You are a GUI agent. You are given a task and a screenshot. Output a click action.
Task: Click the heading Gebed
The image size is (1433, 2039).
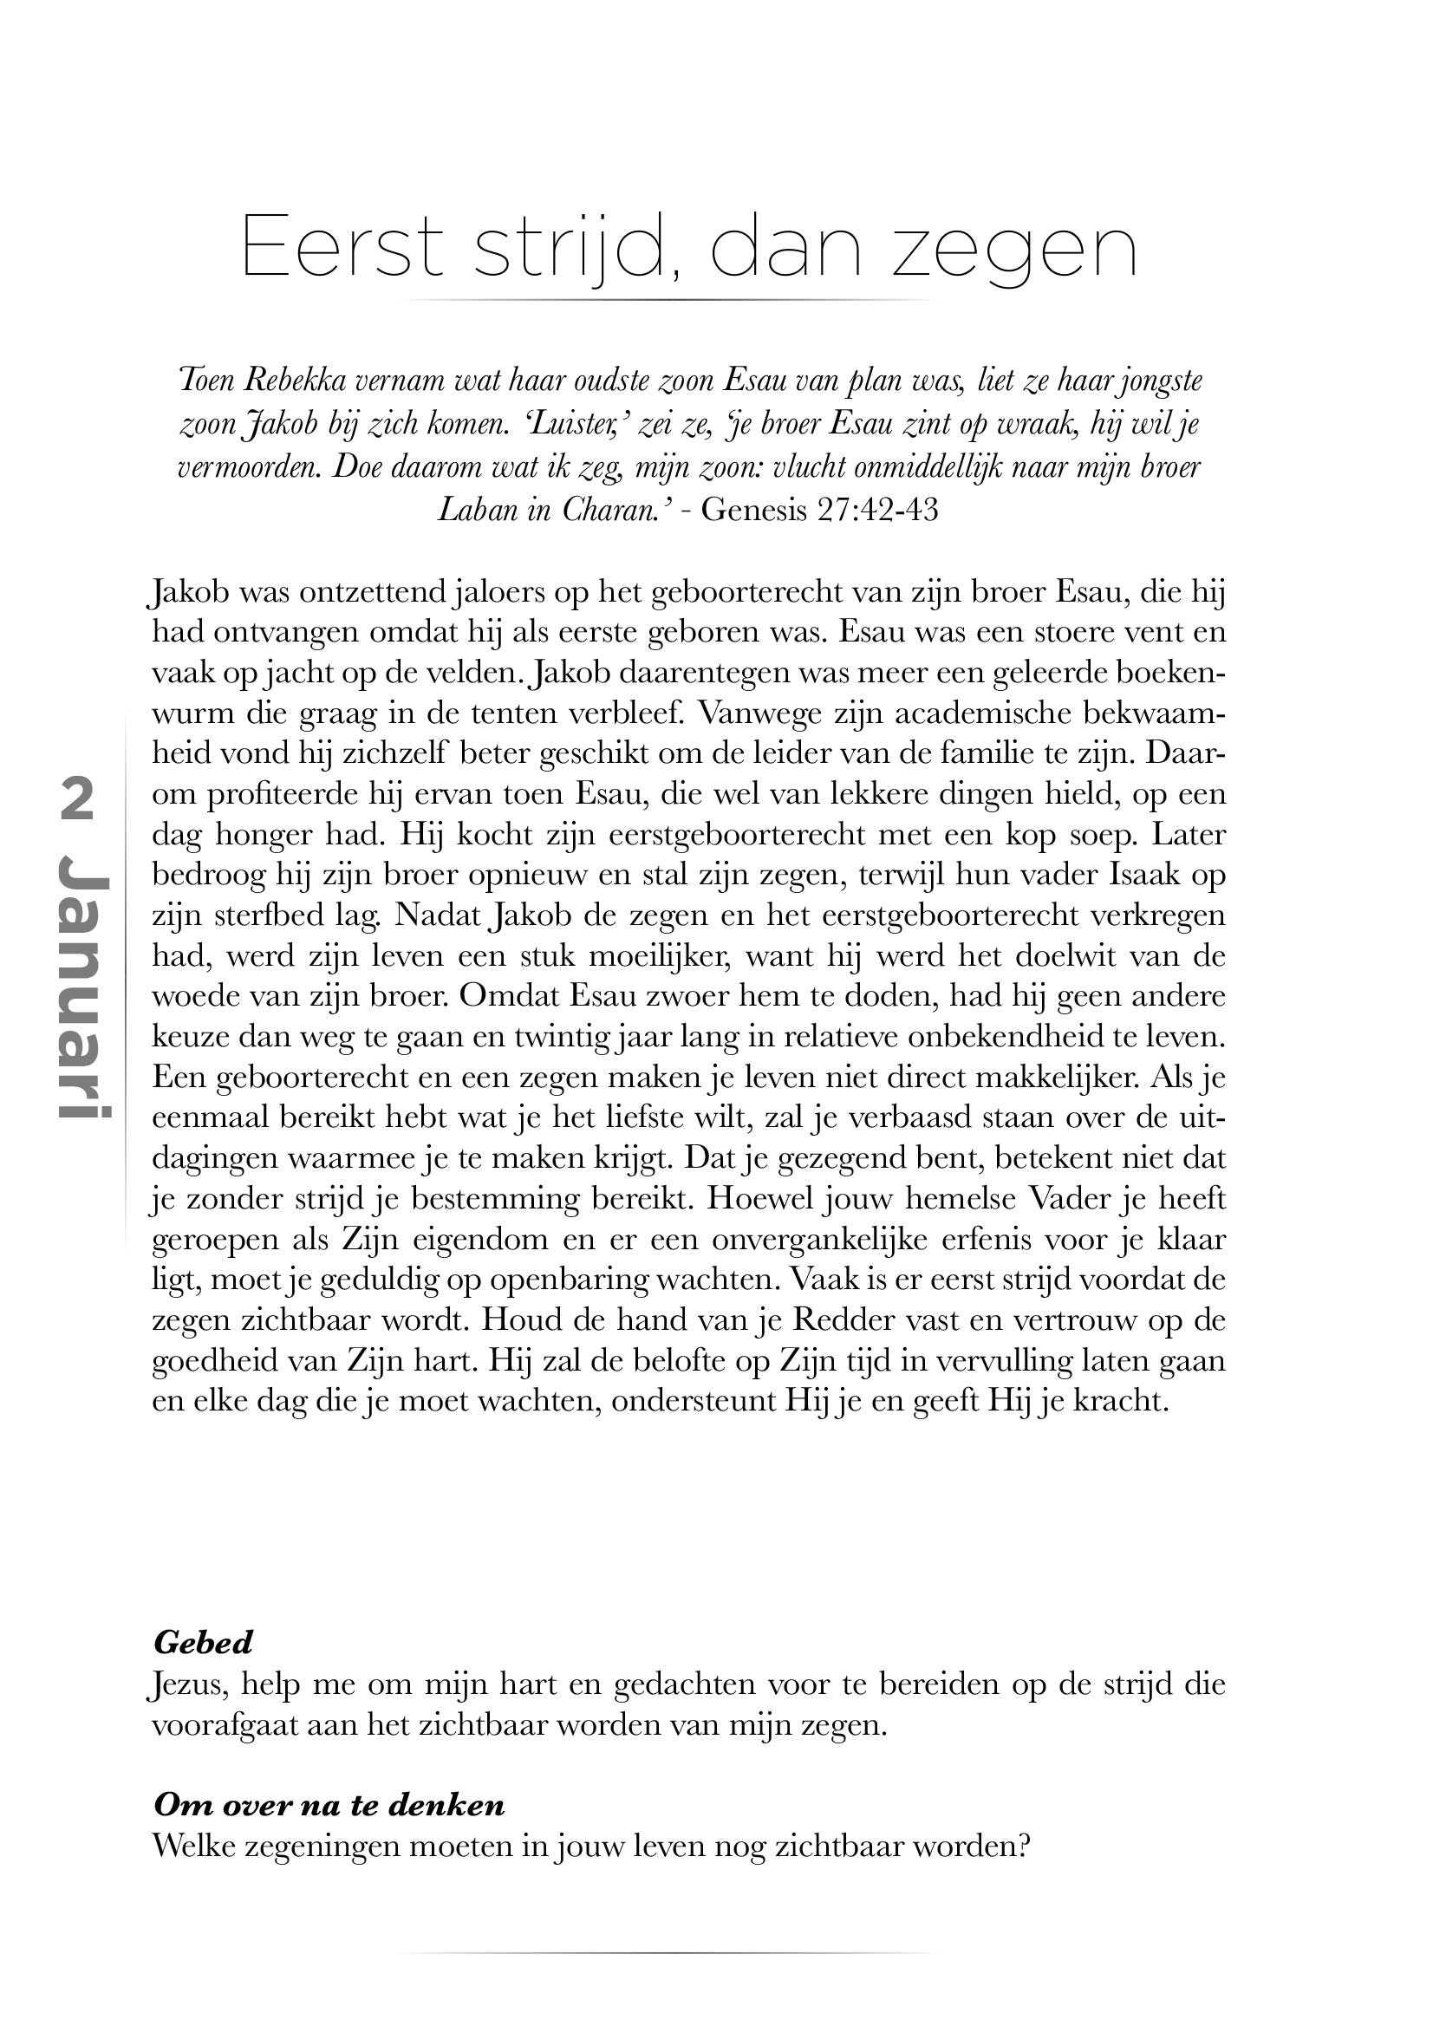(204, 1643)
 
